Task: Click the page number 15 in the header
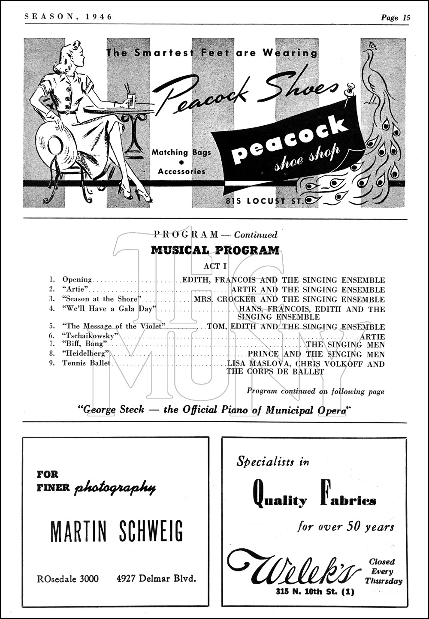[406, 18]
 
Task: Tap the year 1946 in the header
[99, 17]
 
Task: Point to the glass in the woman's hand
[130, 100]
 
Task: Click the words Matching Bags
[181, 152]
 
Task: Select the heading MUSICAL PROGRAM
[215, 251]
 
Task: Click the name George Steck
[114, 410]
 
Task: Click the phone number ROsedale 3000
[68, 579]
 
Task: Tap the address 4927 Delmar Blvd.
[156, 578]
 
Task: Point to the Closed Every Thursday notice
[383, 571]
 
